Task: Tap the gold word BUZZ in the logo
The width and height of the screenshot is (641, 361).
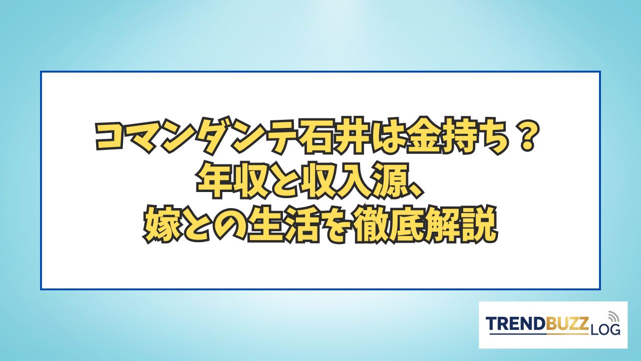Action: pos(563,324)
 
